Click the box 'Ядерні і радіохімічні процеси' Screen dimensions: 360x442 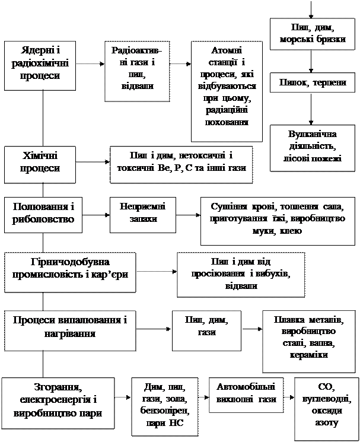click(40, 66)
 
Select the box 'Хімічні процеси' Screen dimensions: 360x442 click(40, 164)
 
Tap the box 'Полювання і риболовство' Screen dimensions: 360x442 click(43, 215)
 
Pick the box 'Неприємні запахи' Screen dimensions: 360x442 click(143, 215)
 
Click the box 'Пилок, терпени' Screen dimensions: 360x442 click(313, 82)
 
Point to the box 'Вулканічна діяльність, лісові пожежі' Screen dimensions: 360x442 click(313, 148)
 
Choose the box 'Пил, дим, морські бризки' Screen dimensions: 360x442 click(313, 34)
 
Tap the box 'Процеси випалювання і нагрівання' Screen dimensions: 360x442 click(70, 330)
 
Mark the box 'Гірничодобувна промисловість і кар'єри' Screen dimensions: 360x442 click(70, 272)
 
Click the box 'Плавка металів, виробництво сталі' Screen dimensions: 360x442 click(309, 341)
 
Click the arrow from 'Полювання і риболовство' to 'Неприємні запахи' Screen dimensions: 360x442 click(96, 215)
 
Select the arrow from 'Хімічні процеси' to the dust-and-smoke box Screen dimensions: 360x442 click(93, 162)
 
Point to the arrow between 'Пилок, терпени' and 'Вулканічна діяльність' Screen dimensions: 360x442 click(311, 109)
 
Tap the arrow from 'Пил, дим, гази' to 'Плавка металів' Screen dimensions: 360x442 click(252, 329)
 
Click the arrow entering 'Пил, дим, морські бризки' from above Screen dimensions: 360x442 click(311, 9)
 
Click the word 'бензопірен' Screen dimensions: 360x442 click(165, 411)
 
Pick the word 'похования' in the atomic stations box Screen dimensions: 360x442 click(227, 122)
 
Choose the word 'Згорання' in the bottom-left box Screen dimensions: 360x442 click(58, 387)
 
